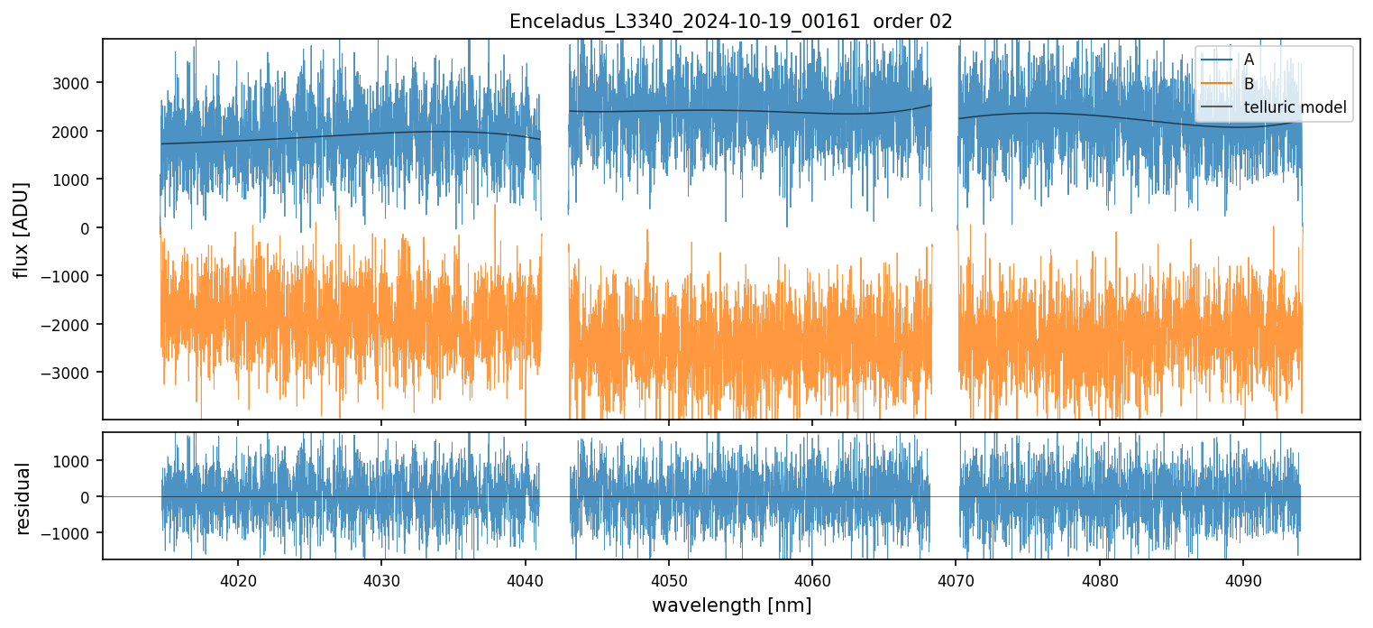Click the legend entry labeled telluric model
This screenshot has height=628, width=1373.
coord(1295,107)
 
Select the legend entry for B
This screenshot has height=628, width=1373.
coord(1249,84)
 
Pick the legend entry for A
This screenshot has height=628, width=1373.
coord(1249,60)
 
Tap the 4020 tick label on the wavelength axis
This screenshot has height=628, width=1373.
coord(237,578)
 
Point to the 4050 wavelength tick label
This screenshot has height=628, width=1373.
coord(668,578)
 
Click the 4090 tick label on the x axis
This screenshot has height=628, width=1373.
coord(1243,578)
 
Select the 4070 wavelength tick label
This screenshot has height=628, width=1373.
coord(956,578)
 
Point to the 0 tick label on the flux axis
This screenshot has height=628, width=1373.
coord(86,227)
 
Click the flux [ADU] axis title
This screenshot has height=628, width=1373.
coord(22,229)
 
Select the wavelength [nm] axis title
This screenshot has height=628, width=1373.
coord(731,605)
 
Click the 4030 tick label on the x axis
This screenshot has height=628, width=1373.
coord(380,578)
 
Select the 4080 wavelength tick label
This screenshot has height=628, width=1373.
coord(1099,578)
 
